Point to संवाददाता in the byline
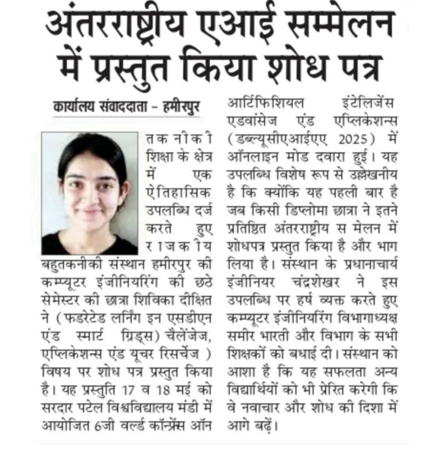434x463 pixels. (x=127, y=107)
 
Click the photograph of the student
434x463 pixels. (x=90, y=194)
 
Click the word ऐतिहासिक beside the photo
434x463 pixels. (x=178, y=192)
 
